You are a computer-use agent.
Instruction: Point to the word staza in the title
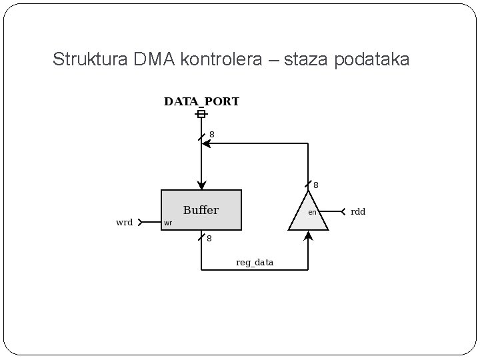pos(303,59)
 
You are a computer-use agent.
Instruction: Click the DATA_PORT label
pos(201,102)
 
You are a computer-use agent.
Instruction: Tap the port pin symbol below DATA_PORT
pos(201,114)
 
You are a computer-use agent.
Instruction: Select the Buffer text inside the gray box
pos(201,210)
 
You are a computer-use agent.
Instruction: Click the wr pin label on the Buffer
pos(168,223)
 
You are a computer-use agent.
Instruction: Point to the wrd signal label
pos(125,223)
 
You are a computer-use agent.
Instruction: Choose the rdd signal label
pos(358,212)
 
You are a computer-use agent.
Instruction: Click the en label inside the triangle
pos(311,212)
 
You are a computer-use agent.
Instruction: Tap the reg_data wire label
pos(254,263)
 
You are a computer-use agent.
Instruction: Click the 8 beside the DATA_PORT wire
pos(211,135)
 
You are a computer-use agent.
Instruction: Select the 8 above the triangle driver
pos(315,185)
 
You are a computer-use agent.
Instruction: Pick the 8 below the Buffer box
pos(209,238)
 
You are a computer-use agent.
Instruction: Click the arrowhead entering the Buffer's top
pos(201,185)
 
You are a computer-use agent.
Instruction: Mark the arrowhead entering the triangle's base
pos(308,234)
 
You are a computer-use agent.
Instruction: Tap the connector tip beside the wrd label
pos(141,223)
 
